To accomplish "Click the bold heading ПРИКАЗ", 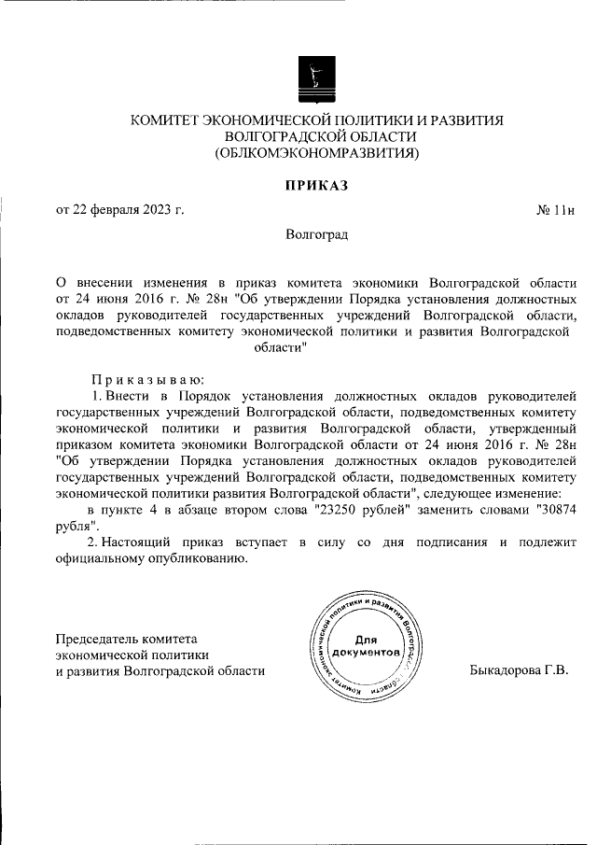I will [x=316, y=186].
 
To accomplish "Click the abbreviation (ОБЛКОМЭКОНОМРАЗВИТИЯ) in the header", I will [x=316, y=152].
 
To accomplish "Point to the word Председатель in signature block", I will [x=96, y=639].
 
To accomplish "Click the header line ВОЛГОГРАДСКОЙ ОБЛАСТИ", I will [x=316, y=136].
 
